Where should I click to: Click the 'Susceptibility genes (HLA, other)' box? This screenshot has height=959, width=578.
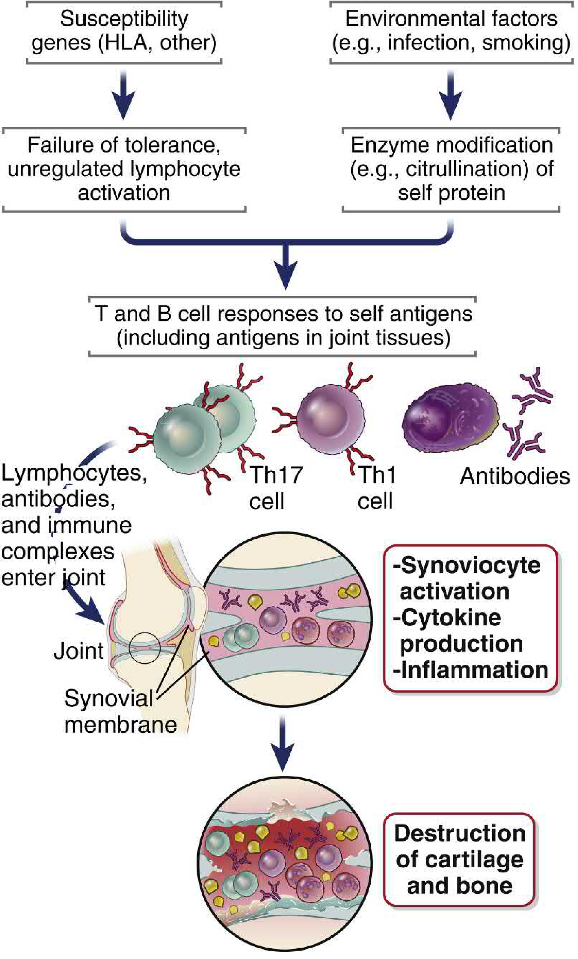point(124,31)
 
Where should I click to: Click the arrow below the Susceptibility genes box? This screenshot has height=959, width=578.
point(123,95)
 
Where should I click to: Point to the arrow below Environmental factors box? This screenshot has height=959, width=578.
point(451,95)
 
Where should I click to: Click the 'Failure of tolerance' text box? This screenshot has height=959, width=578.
point(124,169)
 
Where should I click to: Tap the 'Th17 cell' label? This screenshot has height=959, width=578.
point(276,488)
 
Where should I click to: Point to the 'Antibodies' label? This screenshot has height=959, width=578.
point(514,476)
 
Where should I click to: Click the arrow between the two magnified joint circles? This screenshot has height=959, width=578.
point(283,745)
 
